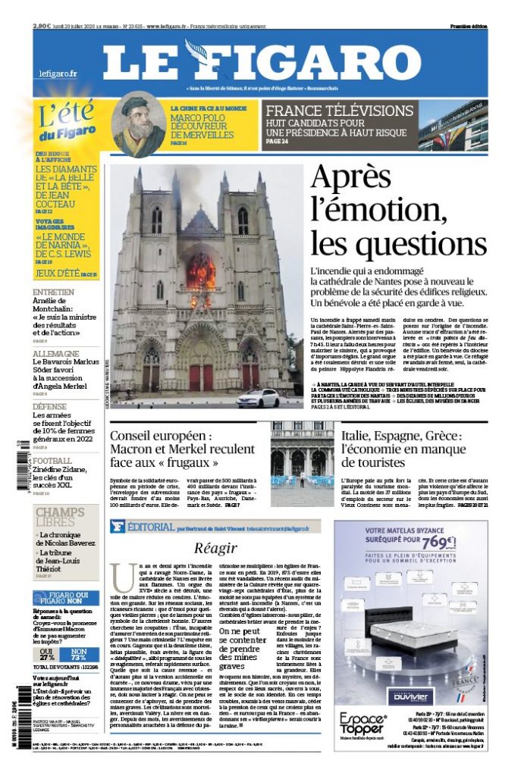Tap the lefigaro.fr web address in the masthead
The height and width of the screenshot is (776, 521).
(58, 74)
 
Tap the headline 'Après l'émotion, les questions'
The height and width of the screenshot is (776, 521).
(397, 211)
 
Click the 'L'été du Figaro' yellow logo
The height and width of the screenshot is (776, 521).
(66, 123)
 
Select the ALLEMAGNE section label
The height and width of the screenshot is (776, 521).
(56, 354)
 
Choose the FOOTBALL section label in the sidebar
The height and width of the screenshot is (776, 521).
(52, 460)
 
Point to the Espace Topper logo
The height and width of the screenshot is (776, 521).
(363, 724)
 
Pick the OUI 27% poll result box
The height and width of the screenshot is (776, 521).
(47, 654)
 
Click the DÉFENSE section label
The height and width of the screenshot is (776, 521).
(54, 406)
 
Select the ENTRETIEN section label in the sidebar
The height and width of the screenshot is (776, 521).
(53, 292)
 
